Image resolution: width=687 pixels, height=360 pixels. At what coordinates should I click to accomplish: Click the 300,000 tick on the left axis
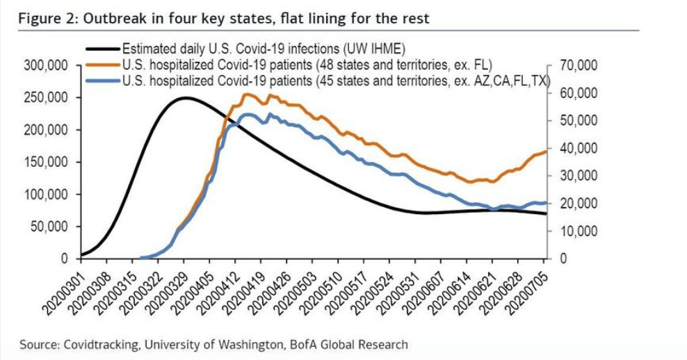pos(47,66)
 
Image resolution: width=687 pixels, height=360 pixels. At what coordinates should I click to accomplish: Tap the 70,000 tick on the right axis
pos(578,66)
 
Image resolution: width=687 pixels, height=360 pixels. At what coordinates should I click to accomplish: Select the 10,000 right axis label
pos(578,231)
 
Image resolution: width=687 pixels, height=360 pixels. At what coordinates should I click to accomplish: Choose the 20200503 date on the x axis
pos(296,289)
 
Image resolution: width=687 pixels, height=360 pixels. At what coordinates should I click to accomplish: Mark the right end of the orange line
pos(546,151)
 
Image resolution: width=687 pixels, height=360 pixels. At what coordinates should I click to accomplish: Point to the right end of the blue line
pos(546,203)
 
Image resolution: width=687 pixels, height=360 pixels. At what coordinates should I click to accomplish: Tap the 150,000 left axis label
pos(47,163)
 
